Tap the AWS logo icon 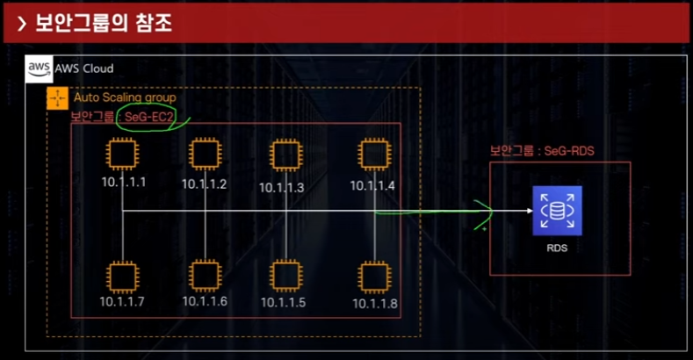click(40, 68)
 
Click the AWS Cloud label click(84, 68)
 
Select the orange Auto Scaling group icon click(57, 98)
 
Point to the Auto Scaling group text click(125, 97)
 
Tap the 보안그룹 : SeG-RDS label click(542, 151)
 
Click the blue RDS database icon click(557, 211)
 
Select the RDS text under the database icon click(557, 248)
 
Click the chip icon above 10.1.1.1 click(121, 155)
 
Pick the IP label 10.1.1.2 click(205, 184)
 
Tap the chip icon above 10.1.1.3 click(282, 156)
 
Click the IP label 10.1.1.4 click(372, 185)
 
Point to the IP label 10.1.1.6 click(205, 301)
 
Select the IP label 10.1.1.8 click(375, 304)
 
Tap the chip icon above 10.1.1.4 click(372, 155)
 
